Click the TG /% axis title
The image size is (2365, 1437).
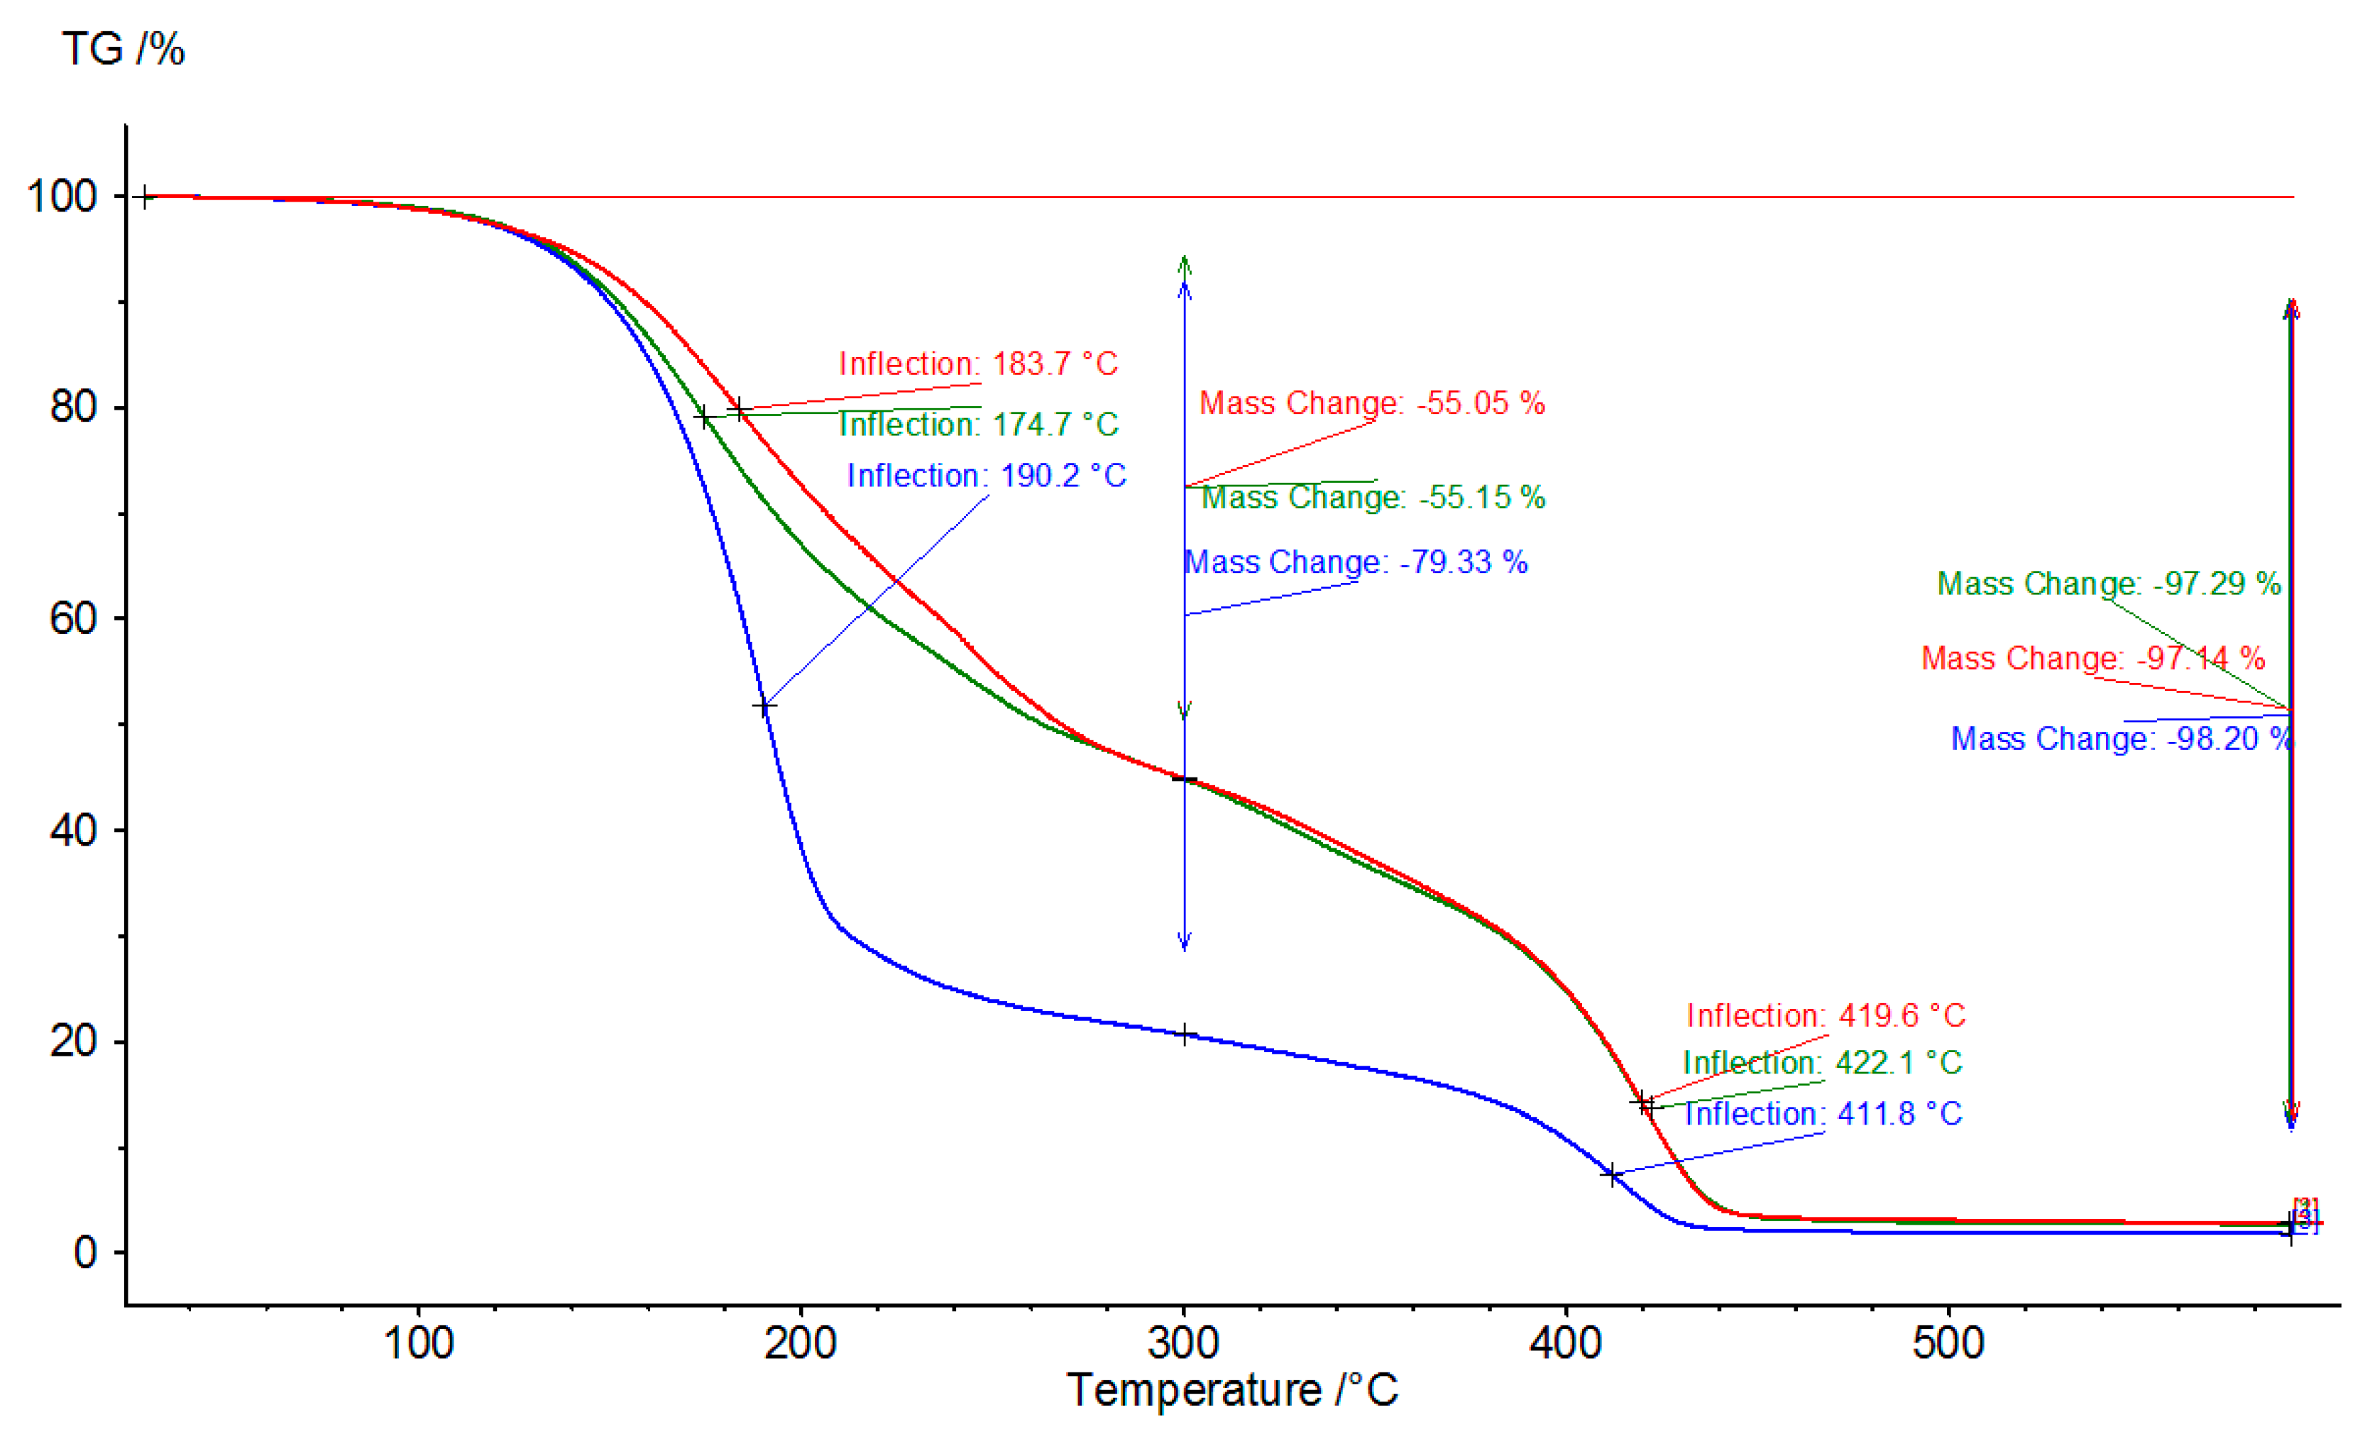pos(123,48)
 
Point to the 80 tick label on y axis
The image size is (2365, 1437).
pos(74,406)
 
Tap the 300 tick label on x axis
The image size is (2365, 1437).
pos(1182,1342)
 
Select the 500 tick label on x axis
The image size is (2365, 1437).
pos(1948,1342)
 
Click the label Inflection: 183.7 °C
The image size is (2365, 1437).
pos(978,364)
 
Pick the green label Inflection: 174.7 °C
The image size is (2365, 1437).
pos(978,425)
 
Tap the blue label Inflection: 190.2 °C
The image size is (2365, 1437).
pos(986,475)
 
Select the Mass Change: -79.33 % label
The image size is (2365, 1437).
pos(1355,562)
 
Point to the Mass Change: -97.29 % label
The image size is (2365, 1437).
pos(2108,583)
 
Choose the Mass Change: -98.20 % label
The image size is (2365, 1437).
pos(2122,738)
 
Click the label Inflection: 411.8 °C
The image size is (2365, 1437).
pos(1823,1113)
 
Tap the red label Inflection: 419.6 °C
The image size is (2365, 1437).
pos(1826,1015)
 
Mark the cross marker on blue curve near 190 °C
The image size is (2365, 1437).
pos(764,707)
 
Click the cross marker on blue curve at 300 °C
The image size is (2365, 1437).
pos(1185,1034)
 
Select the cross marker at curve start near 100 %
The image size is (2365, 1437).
pos(145,198)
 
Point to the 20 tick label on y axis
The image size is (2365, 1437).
pos(74,1041)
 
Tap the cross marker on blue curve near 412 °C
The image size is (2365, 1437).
pos(1613,1174)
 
